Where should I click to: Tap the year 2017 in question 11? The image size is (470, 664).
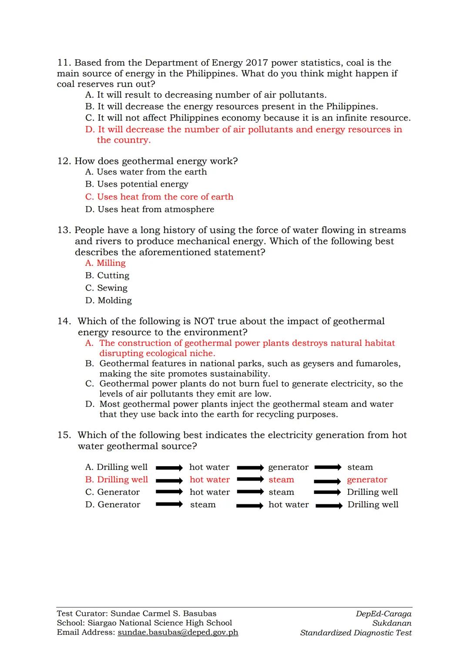[255, 63]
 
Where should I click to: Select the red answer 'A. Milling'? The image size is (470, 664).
[105, 263]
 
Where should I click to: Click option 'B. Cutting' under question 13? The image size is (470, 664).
[107, 276]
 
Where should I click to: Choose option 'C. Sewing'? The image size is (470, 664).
[106, 288]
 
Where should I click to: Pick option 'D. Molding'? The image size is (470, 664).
[108, 300]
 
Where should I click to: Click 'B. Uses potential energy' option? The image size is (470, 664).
[137, 184]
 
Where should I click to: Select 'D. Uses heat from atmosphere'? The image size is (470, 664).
[150, 210]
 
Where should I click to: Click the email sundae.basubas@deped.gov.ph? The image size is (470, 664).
[178, 633]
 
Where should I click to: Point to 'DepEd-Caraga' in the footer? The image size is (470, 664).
[383, 614]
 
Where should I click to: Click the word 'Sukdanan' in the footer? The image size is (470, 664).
[392, 623]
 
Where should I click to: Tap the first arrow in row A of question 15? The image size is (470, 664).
[169, 468]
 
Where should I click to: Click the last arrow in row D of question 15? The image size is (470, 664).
[329, 506]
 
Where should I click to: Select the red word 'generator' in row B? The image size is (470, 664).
[367, 480]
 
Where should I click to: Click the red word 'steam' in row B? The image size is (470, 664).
[281, 480]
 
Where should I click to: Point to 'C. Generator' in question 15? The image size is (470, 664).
[112, 492]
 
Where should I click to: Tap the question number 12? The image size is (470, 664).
[64, 161]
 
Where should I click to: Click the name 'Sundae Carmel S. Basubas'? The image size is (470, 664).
[163, 614]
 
